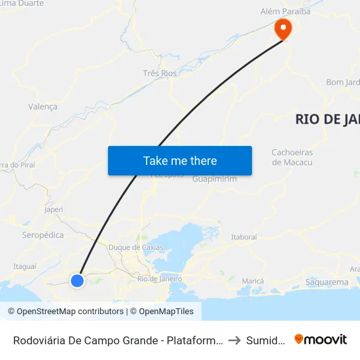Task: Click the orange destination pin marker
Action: click(x=283, y=28)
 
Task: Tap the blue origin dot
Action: click(x=77, y=281)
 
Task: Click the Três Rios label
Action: click(x=160, y=73)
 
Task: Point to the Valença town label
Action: click(x=43, y=106)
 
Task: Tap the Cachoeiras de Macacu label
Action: click(x=292, y=158)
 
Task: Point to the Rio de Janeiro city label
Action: click(x=159, y=279)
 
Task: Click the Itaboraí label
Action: click(x=244, y=237)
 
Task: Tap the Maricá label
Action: click(x=253, y=281)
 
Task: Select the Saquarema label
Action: click(x=327, y=282)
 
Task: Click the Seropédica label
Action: click(x=43, y=234)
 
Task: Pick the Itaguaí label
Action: click(x=25, y=266)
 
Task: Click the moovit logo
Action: click(x=321, y=339)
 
